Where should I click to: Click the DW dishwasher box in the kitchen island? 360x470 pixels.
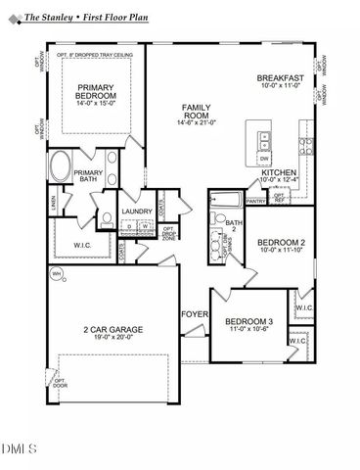coord(264,159)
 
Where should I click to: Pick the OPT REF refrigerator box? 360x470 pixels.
coord(279,197)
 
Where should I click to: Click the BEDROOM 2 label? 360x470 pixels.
coord(281,243)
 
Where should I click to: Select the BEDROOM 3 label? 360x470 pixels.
coord(248,321)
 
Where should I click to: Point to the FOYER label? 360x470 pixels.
coord(193,314)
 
